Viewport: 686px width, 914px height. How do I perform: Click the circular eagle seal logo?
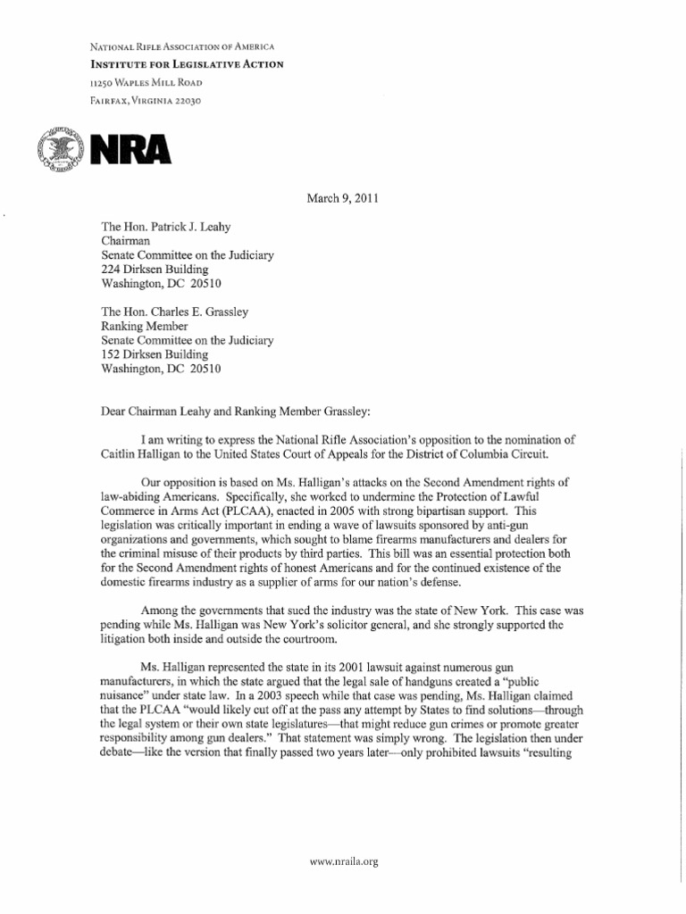pyautogui.click(x=58, y=148)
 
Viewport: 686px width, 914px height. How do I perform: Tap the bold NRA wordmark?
pyautogui.click(x=126, y=149)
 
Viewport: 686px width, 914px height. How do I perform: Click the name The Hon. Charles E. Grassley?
pyautogui.click(x=175, y=310)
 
